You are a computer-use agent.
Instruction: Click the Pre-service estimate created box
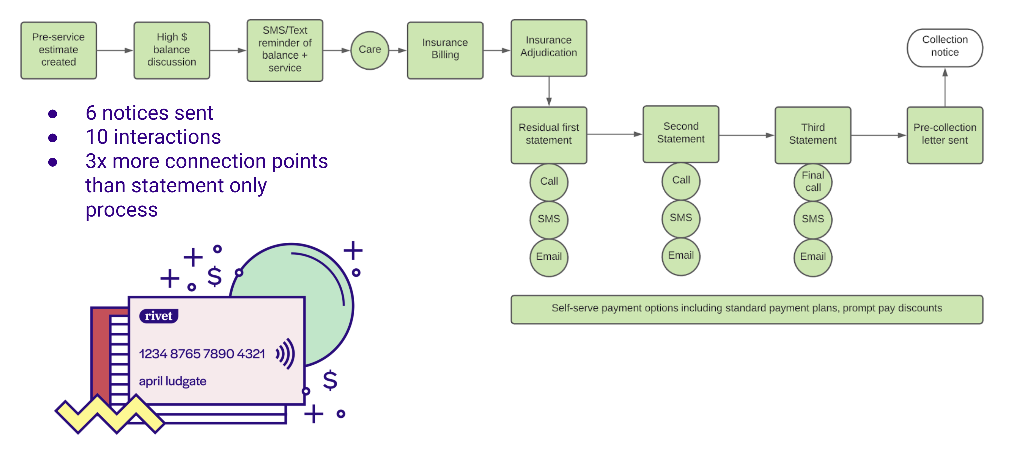59,50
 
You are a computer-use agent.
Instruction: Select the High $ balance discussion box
172,50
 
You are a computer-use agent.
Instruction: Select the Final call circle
813,182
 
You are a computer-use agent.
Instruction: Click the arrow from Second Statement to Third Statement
746,135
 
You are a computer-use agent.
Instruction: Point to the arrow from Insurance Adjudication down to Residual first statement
549,91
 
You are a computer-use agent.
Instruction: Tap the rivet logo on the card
158,316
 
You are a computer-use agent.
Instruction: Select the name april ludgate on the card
173,382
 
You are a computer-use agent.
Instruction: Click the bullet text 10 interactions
153,137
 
